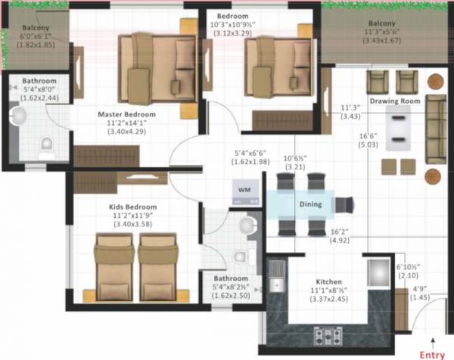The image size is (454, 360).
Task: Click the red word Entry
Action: [432, 354]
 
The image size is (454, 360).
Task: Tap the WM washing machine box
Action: [244, 189]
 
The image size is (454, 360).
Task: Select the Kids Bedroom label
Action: [131, 206]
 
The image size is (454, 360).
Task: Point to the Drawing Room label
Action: [394, 101]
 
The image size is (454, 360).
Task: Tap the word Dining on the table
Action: [309, 204]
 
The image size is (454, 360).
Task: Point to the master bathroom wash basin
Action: [19, 115]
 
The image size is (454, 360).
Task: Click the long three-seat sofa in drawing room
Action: [436, 129]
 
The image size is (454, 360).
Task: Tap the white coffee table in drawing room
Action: [397, 128]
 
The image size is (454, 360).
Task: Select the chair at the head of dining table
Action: [344, 205]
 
